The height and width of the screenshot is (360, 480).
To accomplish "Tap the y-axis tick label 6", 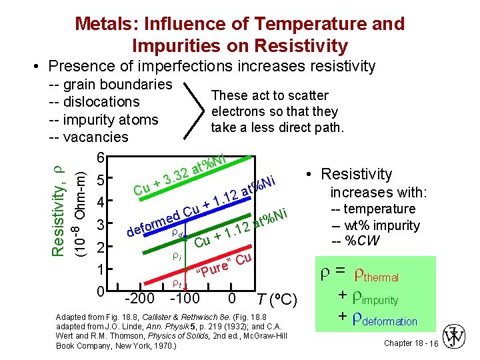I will (x=99, y=157).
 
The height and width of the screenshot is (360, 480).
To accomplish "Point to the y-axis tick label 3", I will (x=99, y=225).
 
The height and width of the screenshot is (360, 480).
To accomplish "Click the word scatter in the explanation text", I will (x=306, y=95).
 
